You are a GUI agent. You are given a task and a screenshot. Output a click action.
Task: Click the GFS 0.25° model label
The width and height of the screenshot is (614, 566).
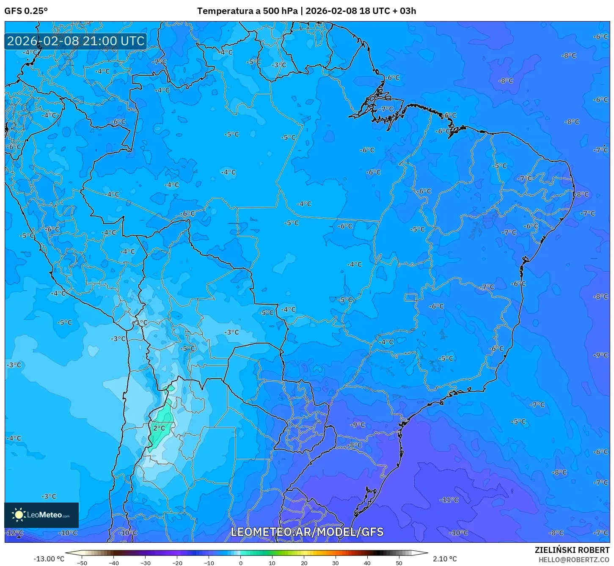26,11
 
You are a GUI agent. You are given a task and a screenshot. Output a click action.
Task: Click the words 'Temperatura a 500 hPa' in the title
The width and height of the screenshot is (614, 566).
248,11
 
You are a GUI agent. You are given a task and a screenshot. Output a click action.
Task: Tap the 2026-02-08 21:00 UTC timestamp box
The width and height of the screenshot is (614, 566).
76,41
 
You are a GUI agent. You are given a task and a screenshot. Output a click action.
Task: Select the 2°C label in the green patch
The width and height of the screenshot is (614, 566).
159,428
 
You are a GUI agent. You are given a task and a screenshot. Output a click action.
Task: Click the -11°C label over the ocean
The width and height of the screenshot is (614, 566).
449,500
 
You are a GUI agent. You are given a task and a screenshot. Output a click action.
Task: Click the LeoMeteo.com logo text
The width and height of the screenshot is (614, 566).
48,515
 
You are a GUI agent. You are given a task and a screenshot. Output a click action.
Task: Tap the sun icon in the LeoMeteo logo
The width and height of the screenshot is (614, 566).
19,514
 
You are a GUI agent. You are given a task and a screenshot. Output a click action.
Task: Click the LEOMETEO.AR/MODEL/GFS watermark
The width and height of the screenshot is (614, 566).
307,532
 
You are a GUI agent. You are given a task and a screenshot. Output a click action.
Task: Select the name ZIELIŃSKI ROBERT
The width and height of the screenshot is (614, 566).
572,550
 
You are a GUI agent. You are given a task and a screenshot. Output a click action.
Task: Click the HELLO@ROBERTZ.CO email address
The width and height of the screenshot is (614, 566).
573,560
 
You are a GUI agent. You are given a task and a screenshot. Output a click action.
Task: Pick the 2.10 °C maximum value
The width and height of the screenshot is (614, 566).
445,559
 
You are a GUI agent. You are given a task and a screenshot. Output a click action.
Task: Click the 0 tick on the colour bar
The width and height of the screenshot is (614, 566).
240,563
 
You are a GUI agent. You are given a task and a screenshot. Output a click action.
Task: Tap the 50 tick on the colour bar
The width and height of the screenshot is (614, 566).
399,563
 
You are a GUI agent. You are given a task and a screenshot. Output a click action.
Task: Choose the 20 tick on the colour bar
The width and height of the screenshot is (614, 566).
304,563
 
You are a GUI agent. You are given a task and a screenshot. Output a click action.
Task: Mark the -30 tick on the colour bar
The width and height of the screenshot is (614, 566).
145,563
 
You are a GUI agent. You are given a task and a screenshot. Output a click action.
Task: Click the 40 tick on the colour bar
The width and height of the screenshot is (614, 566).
367,563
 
